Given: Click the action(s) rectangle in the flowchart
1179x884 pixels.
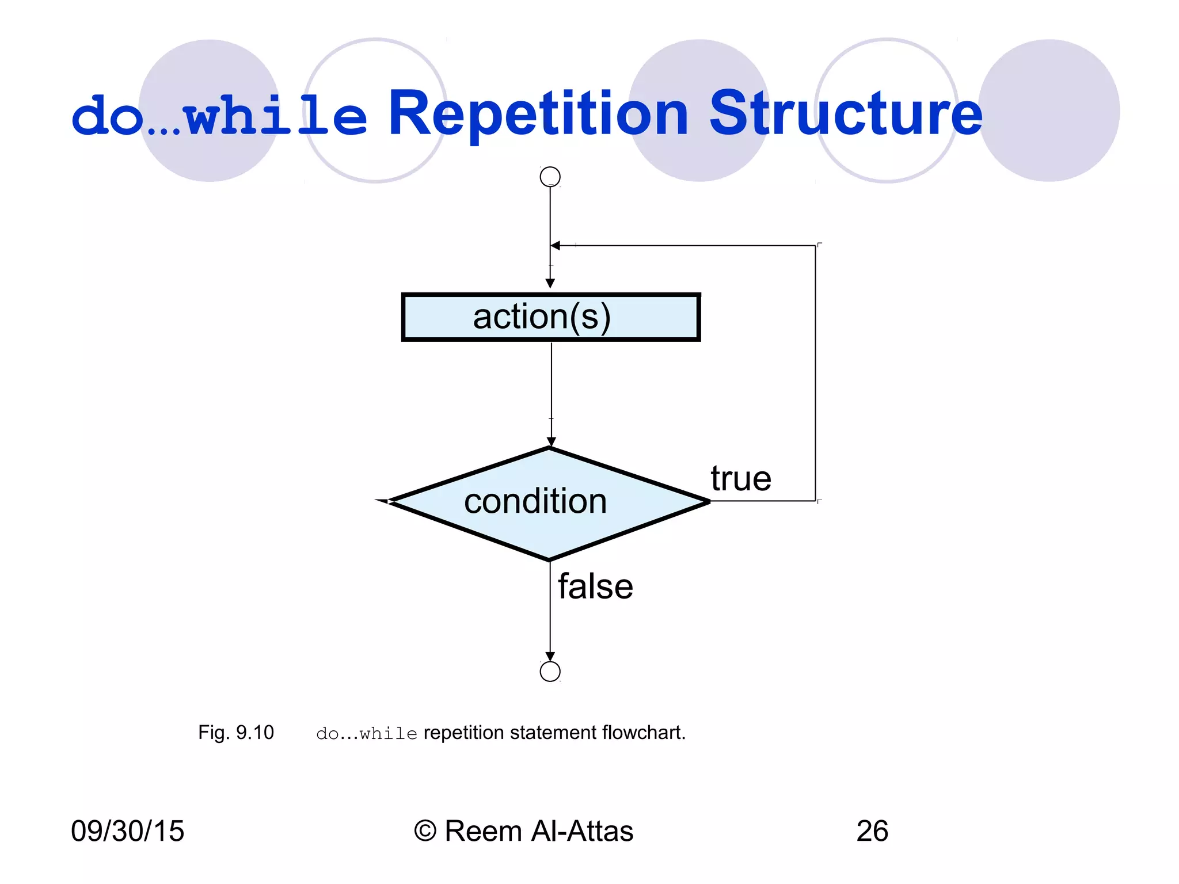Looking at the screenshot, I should click(550, 317).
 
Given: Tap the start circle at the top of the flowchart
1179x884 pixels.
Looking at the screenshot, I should click(550, 177).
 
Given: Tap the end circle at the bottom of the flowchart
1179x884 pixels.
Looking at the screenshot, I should click(550, 671).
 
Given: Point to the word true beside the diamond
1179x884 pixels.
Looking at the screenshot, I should click(740, 479).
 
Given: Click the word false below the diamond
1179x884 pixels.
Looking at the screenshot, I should click(595, 587).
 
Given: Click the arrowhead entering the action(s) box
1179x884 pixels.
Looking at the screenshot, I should click(550, 284).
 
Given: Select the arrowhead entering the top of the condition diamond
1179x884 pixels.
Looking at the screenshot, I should click(551, 442).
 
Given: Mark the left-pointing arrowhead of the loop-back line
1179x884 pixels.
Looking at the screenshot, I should click(556, 246).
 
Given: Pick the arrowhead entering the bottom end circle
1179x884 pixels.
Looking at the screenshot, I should click(550, 657).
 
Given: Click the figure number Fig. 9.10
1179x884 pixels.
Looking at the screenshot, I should click(236, 733).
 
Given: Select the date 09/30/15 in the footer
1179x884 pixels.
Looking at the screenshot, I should click(127, 831).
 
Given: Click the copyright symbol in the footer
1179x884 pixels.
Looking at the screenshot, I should click(425, 831).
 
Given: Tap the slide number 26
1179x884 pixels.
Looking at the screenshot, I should click(872, 831).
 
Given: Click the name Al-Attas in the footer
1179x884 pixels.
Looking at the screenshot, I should click(582, 831).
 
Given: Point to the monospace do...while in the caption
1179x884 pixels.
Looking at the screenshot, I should click(367, 734).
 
